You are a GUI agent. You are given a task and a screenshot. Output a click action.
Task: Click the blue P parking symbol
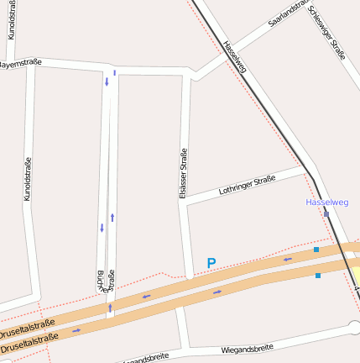[x=211, y=263]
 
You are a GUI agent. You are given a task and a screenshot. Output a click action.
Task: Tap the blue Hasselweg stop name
[x=327, y=203]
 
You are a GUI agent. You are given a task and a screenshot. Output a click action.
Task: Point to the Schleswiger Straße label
[x=326, y=32]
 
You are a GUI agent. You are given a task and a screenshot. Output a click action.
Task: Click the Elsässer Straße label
[x=182, y=173]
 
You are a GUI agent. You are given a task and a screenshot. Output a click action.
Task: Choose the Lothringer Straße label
[x=247, y=185]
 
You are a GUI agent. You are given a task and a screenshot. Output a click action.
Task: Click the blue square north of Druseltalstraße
[x=316, y=250]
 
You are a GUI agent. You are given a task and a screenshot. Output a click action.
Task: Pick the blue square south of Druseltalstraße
[x=317, y=275]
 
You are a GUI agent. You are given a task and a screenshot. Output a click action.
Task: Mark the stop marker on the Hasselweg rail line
[x=326, y=214]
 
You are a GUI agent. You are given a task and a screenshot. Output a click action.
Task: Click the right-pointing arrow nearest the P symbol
[x=217, y=292]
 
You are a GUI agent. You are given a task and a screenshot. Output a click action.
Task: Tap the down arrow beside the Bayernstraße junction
[x=107, y=82]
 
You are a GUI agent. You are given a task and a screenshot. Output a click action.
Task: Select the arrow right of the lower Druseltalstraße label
[x=76, y=330]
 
